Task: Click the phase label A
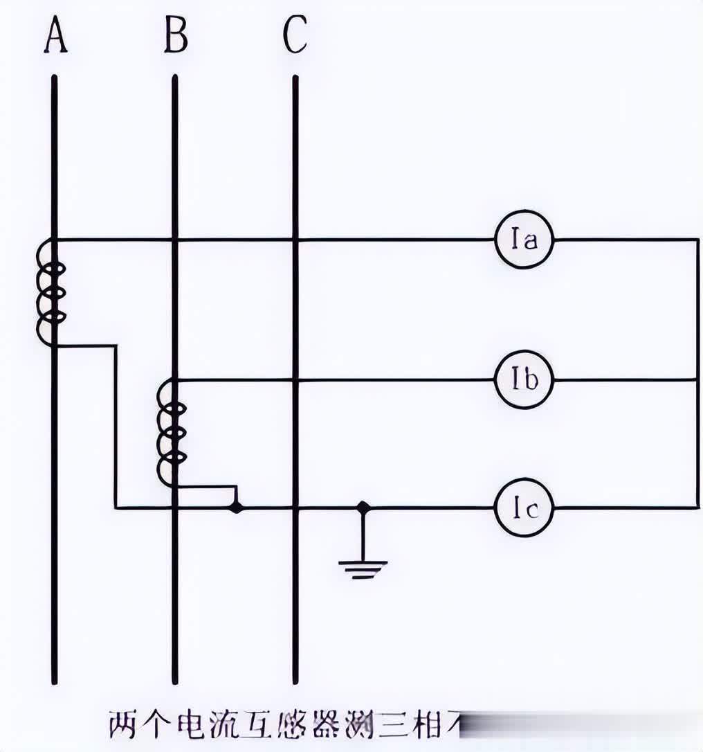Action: click(55, 35)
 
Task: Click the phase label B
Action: click(175, 35)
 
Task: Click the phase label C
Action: click(295, 35)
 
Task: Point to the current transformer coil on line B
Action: click(172, 433)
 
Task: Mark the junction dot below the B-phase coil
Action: click(237, 508)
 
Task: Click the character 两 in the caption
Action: click(125, 726)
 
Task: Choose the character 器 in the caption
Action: click(324, 726)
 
